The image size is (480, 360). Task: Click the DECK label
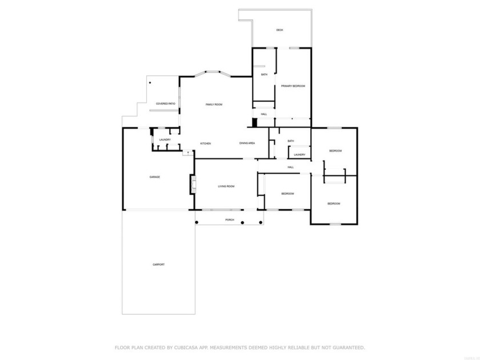click(279, 30)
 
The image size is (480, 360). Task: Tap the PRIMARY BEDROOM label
click(293, 86)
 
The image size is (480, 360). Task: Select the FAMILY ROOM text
click(214, 105)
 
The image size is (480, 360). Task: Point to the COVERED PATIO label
click(166, 103)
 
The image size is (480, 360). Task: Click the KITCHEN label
click(206, 143)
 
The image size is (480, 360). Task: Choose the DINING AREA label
click(247, 143)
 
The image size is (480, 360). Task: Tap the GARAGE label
click(154, 177)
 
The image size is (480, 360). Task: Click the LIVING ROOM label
click(226, 186)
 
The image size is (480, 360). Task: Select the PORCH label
click(229, 219)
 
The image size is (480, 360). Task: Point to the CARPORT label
click(158, 265)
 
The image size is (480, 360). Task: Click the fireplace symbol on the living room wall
click(193, 185)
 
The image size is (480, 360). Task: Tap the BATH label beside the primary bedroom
click(264, 74)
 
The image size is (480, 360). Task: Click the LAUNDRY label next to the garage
click(165, 139)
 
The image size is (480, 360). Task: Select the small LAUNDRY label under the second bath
click(299, 154)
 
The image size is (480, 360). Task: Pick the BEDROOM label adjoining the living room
click(287, 194)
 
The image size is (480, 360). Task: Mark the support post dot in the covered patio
click(150, 83)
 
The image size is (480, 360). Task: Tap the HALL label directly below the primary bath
click(263, 114)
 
